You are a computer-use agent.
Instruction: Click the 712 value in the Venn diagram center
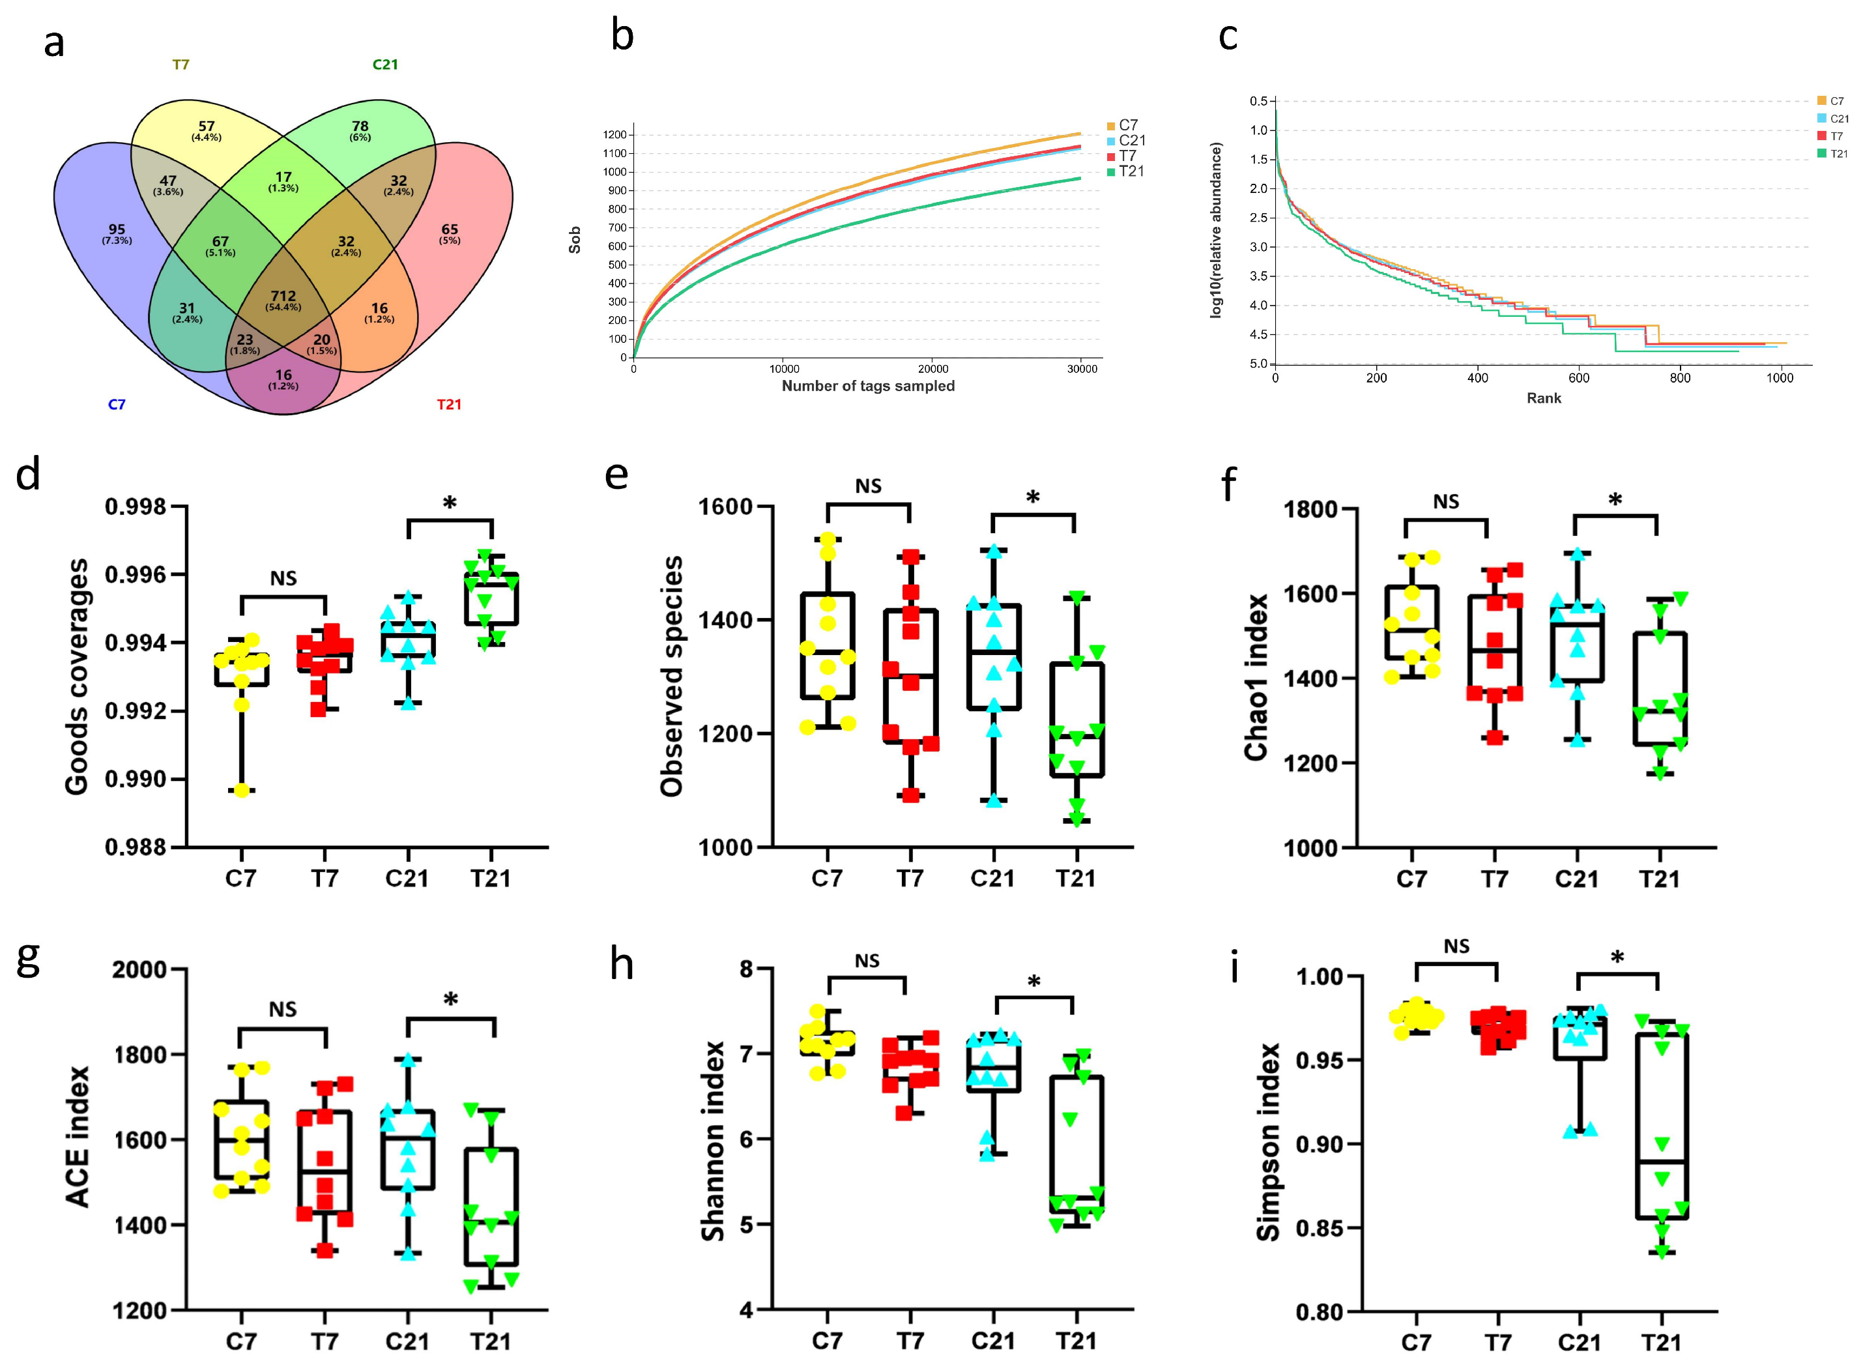click(283, 296)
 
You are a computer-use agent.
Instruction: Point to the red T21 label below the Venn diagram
click(448, 404)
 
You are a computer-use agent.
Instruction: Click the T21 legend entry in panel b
click(1131, 171)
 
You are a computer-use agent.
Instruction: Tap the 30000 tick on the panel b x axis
click(1082, 369)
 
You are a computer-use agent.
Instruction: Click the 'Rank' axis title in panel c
click(1543, 398)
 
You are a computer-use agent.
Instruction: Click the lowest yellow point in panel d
click(242, 791)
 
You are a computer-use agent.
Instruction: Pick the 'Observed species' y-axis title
click(672, 677)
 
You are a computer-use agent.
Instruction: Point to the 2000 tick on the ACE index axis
click(139, 969)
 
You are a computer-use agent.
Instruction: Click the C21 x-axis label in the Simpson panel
click(1578, 1341)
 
